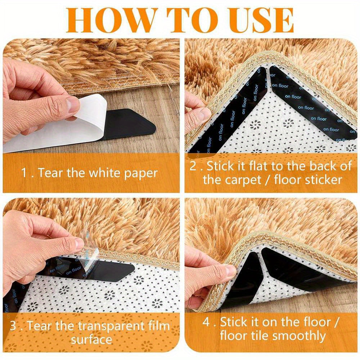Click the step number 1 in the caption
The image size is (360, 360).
(24, 173)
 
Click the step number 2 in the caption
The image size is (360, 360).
(193, 166)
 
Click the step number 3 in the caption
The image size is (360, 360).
(13, 327)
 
